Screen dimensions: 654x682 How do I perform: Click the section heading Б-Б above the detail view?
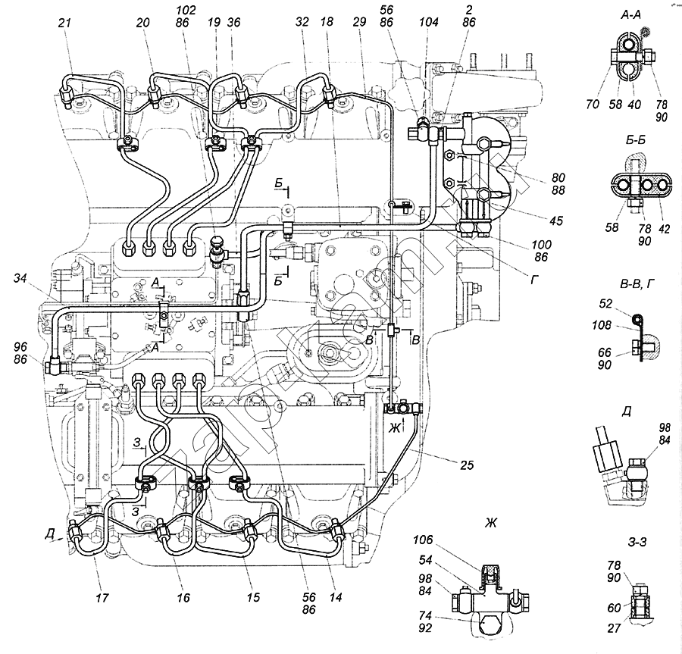pyautogui.click(x=631, y=142)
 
